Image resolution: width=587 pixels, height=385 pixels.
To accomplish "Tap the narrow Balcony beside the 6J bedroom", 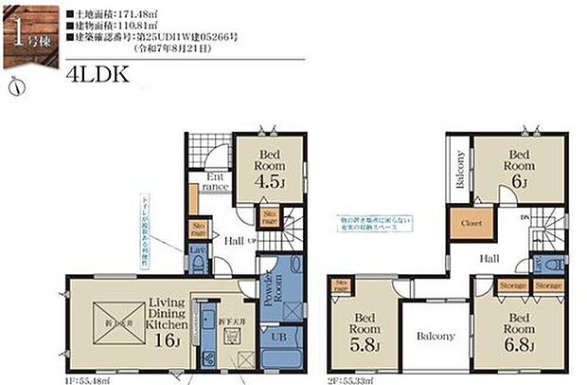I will tap(459, 171).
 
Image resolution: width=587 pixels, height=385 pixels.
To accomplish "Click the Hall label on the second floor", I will tap(489, 258).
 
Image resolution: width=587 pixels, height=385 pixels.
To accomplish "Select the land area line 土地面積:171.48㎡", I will tap(108, 14).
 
